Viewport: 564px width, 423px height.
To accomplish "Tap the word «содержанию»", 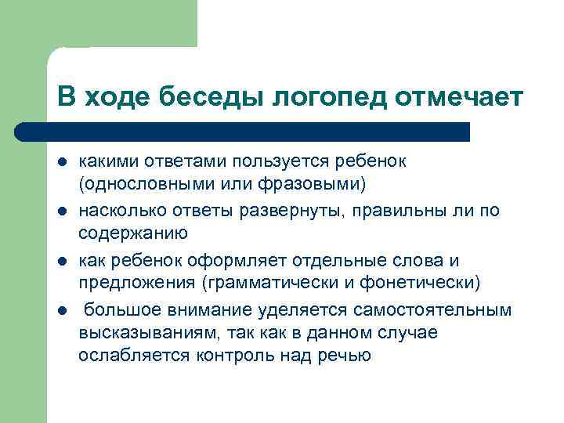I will point(132,232).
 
